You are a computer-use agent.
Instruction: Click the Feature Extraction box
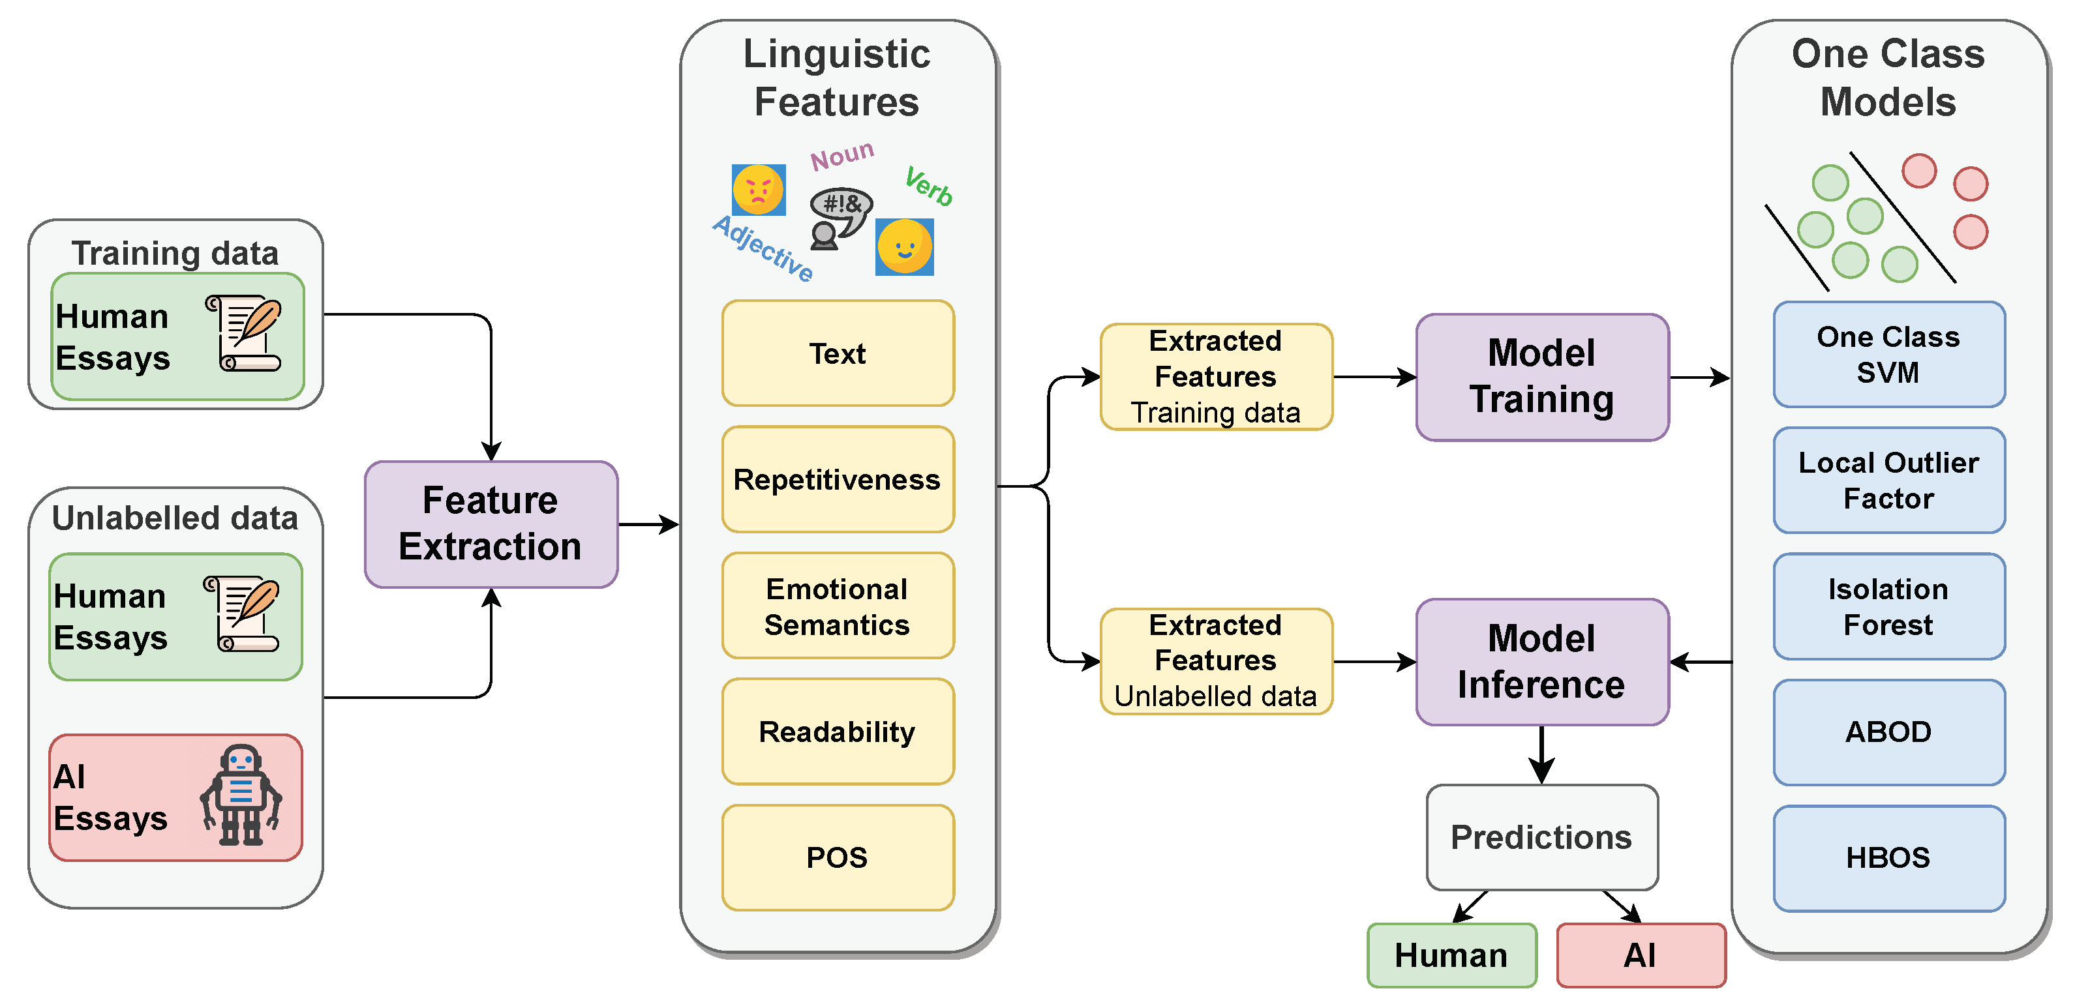pyautogui.click(x=491, y=524)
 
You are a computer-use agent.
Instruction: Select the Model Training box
pyautogui.click(x=1542, y=377)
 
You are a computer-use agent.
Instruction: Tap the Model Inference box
pyautogui.click(x=1542, y=662)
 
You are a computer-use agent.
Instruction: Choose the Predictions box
pyautogui.click(x=1542, y=837)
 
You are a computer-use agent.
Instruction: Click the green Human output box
pyautogui.click(x=1451, y=956)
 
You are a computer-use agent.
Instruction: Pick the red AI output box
pyautogui.click(x=1641, y=956)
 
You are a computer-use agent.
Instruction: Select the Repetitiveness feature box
pyautogui.click(x=838, y=480)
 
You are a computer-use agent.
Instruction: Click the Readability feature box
pyautogui.click(x=838, y=732)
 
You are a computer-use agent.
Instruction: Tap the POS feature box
pyautogui.click(x=838, y=858)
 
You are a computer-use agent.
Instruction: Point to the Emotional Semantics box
pyautogui.click(x=838, y=606)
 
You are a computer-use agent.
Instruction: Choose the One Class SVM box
pyautogui.click(x=1889, y=354)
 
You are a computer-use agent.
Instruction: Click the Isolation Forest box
pyautogui.click(x=1889, y=606)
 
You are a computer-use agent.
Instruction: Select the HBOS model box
pyautogui.click(x=1889, y=858)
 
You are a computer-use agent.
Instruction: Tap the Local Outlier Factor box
pyautogui.click(x=1889, y=481)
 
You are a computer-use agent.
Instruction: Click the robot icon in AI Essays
pyautogui.click(x=241, y=795)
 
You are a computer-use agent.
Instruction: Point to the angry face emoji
pyautogui.click(x=759, y=190)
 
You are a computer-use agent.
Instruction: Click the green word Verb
pyautogui.click(x=929, y=186)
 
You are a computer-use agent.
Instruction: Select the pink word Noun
pyautogui.click(x=841, y=155)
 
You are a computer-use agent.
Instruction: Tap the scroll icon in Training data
pyautogui.click(x=245, y=333)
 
